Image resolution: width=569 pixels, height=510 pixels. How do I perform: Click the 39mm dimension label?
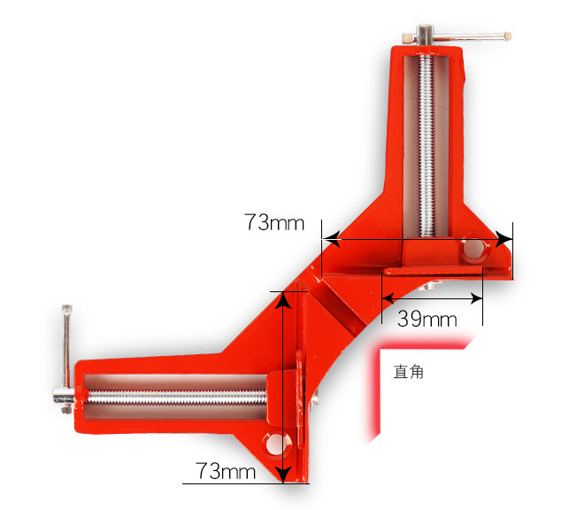point(427,319)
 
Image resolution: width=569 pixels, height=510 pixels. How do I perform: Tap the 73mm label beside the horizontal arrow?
point(274,222)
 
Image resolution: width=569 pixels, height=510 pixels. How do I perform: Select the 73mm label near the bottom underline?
point(226,471)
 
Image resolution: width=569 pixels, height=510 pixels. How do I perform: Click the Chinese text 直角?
point(408,372)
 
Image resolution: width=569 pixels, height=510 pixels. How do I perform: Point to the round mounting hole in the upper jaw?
point(474,249)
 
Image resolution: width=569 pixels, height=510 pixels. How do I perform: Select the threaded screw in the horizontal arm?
point(177,398)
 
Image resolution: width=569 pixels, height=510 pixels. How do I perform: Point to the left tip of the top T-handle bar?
point(406,38)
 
